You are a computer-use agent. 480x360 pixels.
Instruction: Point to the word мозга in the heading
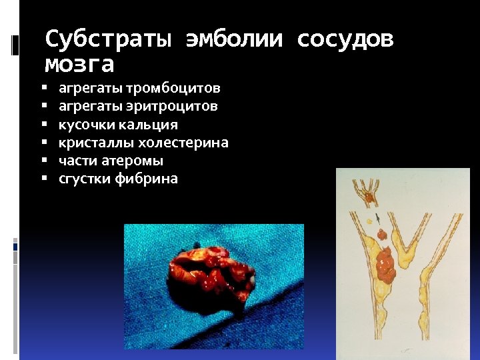pyautogui.click(x=79, y=65)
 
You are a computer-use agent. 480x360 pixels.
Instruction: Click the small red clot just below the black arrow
pyautogui.click(x=381, y=235)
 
